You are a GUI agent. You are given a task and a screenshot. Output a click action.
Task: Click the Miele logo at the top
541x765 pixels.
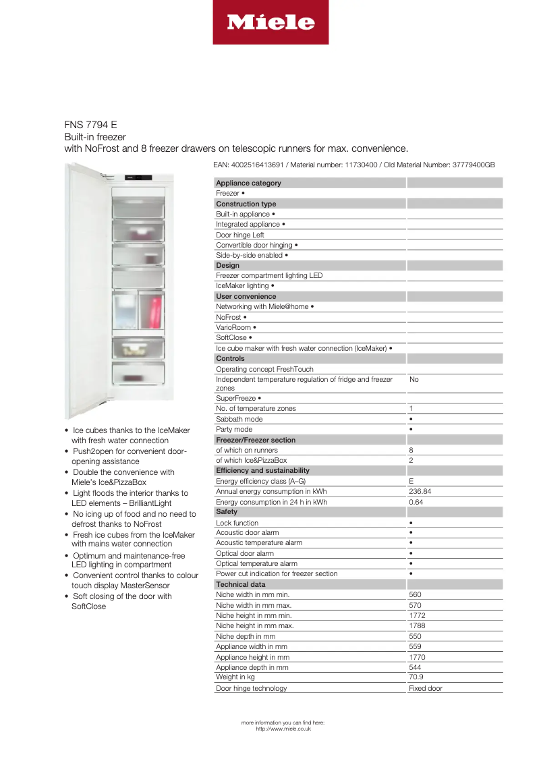(270, 22)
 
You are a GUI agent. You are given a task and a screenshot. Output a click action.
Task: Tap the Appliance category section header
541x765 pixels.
(248, 183)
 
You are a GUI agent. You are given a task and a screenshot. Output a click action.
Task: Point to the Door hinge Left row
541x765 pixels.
(239, 235)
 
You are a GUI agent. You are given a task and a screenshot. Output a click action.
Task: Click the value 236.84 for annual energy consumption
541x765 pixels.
(420, 492)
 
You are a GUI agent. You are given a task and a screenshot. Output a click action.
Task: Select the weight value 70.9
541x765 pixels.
(417, 677)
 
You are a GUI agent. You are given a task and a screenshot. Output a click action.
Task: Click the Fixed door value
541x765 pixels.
(426, 688)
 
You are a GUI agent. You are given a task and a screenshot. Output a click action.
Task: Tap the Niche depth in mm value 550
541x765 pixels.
(416, 636)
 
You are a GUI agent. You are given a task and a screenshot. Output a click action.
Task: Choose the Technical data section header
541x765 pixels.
(240, 584)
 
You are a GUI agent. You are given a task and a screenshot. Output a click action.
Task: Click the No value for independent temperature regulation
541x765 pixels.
(414, 380)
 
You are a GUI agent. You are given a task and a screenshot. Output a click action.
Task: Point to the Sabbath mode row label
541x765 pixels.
(239, 419)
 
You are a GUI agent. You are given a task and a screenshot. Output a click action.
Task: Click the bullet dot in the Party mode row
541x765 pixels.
(411, 430)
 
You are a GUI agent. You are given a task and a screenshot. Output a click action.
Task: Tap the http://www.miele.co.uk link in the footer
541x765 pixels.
(283, 729)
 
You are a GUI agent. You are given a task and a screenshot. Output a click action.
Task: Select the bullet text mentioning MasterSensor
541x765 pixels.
(135, 580)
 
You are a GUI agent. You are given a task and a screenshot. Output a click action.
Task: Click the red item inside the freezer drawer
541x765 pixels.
(156, 312)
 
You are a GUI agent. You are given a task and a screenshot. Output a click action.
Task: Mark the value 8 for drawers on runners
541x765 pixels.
(411, 450)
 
